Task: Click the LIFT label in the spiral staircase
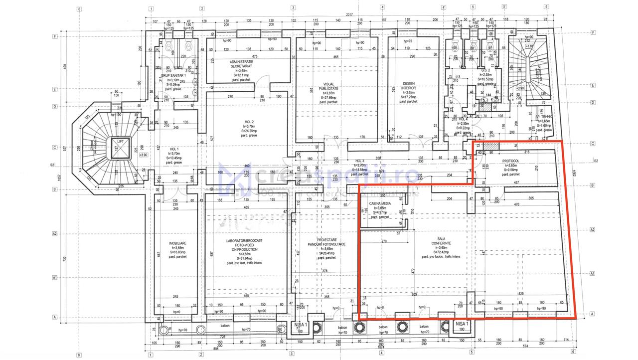point(121,142)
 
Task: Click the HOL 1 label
point(174,149)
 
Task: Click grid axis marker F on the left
point(55,36)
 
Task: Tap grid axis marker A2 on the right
point(592,230)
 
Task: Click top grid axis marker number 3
point(293,8)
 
